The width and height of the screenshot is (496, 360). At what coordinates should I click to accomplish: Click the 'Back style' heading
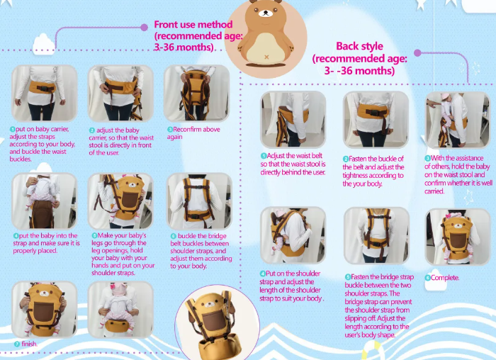(359, 47)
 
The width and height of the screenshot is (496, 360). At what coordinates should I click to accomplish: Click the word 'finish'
(28, 344)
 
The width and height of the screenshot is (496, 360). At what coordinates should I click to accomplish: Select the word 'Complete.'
(445, 278)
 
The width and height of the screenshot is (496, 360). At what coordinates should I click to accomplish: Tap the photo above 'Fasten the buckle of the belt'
(376, 119)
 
